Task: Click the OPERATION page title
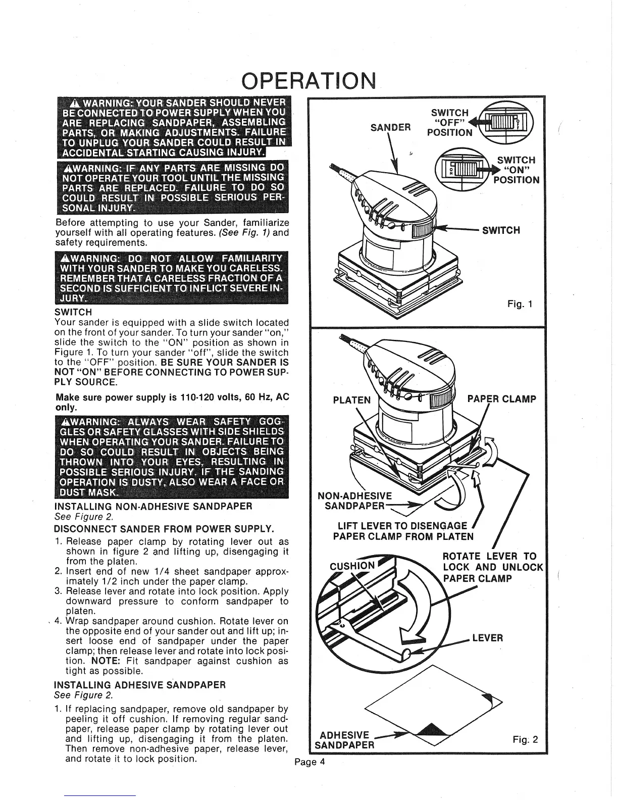coord(309,80)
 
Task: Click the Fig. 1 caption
coord(520,304)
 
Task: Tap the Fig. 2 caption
coord(525,740)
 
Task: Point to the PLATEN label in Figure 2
coord(352,400)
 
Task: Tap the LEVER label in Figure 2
coord(488,637)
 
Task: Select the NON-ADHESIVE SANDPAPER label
coord(354,501)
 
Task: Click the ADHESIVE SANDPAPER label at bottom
coord(344,740)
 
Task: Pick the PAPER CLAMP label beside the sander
coord(502,399)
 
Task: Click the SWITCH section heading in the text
coord(73,312)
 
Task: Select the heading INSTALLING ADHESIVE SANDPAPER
coord(139,685)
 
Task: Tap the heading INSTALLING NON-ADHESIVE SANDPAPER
coord(153,506)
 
